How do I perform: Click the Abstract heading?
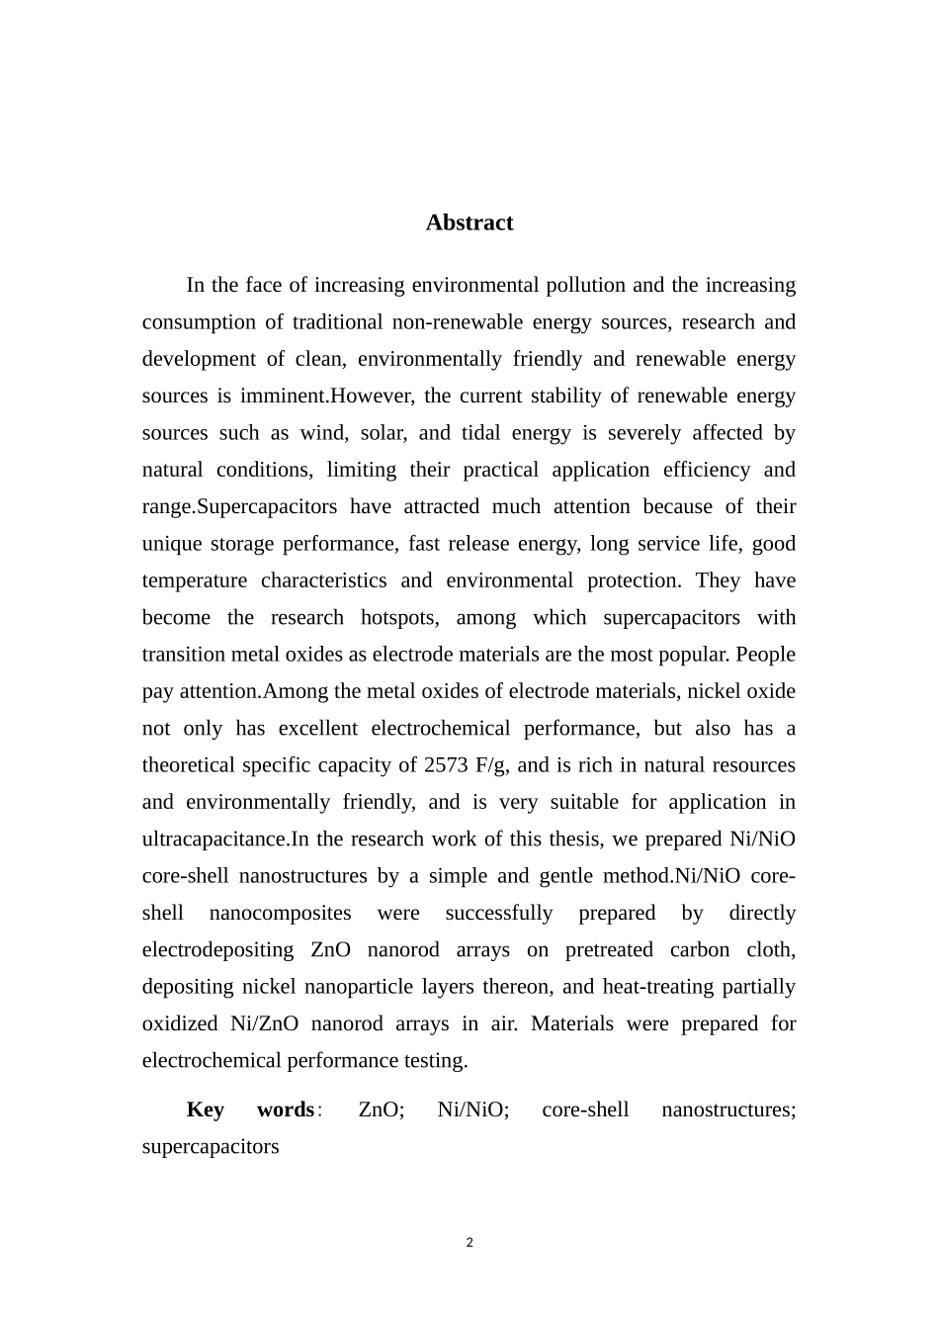[x=469, y=222]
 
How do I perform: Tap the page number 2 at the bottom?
[x=469, y=1243]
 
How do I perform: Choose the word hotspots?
[x=397, y=618]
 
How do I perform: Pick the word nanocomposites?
[x=280, y=913]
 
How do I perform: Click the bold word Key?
[x=206, y=1109]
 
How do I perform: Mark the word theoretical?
[x=189, y=765]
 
